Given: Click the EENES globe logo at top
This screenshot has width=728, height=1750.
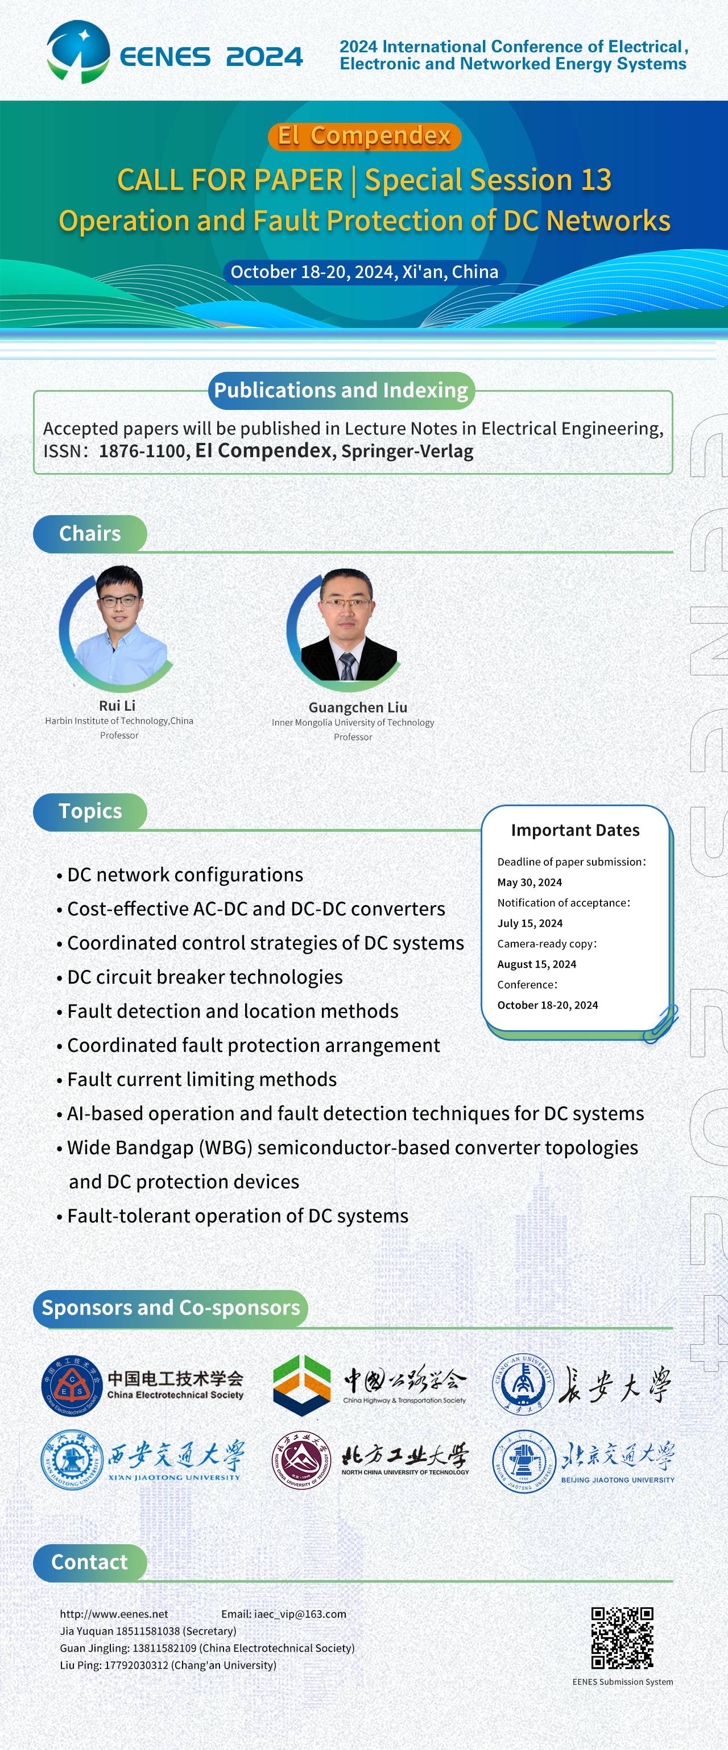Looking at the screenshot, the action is [x=78, y=52].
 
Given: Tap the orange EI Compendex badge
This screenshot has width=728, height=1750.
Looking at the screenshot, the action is [x=365, y=136].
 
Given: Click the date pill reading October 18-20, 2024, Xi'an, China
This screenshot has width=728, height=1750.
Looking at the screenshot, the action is [x=365, y=272].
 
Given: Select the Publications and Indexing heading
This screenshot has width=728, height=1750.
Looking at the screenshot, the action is [x=341, y=390].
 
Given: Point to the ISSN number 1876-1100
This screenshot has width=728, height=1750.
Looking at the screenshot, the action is [x=142, y=451].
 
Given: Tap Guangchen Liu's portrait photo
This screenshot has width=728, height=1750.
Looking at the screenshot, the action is [x=344, y=625].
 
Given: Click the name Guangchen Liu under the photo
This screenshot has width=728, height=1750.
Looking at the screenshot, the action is [x=358, y=707].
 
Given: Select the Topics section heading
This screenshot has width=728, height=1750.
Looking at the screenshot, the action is [x=90, y=811].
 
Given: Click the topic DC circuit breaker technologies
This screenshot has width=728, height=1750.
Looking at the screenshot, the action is [x=205, y=977].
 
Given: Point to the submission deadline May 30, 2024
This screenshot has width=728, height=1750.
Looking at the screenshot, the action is [x=530, y=882].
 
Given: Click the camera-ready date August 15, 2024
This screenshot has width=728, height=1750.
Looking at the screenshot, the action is [x=537, y=964].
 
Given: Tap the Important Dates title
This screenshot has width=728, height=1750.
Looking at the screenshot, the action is [x=575, y=830].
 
